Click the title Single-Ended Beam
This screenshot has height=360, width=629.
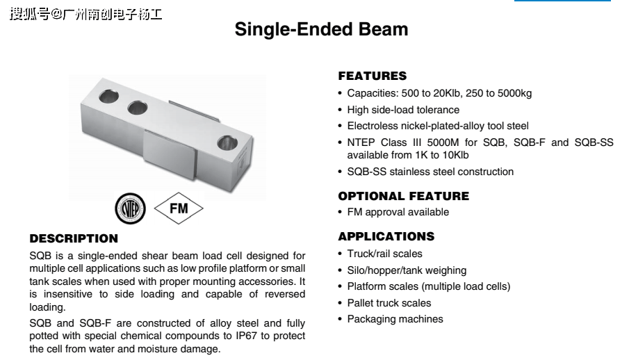pyautogui.click(x=321, y=29)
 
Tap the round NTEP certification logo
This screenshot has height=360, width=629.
pyautogui.click(x=131, y=208)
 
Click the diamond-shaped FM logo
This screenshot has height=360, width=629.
pyautogui.click(x=179, y=208)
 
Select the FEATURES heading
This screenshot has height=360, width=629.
pyautogui.click(x=373, y=76)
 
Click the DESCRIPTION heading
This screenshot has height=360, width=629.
pyautogui.click(x=74, y=238)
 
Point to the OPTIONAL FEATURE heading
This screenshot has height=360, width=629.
pyautogui.click(x=404, y=196)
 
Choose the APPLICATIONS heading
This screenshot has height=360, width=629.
pyautogui.click(x=386, y=236)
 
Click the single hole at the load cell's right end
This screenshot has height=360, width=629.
pyautogui.click(x=227, y=142)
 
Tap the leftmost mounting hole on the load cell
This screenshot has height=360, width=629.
pyautogui.click(x=108, y=97)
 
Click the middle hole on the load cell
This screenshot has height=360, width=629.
pyautogui.click(x=137, y=108)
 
